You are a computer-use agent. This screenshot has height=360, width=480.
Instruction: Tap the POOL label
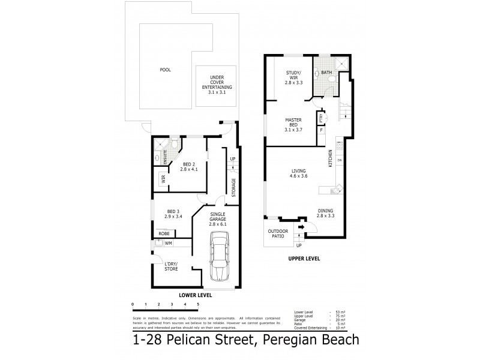point(165,70)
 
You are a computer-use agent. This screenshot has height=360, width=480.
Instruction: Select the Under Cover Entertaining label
point(216,83)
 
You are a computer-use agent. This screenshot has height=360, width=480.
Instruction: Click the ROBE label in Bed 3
point(164,233)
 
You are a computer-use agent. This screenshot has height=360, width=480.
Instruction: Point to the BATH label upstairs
point(326,73)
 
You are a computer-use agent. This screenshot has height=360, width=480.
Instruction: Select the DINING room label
point(326,213)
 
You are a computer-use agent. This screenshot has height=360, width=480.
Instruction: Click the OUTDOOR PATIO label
point(277,235)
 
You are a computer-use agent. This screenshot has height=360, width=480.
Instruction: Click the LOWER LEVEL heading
point(196,296)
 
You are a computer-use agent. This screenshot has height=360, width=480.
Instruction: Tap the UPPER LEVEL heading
point(303,259)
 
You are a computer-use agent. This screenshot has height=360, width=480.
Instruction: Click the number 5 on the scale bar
point(197,305)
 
